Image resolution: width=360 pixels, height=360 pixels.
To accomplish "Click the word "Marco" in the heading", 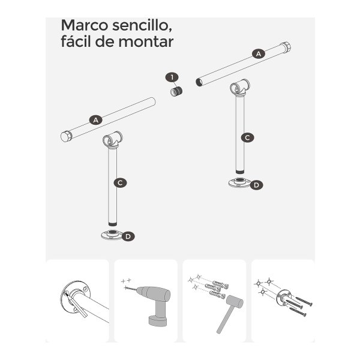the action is [84, 25].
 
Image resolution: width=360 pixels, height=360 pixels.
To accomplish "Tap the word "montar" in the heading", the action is [146, 41].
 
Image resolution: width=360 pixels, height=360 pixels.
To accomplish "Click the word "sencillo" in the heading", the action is [142, 25].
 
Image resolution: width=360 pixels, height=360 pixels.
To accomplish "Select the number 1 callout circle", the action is [172, 77].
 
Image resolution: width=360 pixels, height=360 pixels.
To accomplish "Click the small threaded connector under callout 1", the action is [176, 92].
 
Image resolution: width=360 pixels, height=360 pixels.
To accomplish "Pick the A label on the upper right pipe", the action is [259, 54].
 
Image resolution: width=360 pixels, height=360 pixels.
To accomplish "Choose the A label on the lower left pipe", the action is [96, 120].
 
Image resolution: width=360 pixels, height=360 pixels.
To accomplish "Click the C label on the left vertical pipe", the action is [120, 183].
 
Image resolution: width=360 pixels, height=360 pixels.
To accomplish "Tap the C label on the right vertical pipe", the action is [247, 138].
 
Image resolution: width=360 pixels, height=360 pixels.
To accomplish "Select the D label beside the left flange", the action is [128, 236].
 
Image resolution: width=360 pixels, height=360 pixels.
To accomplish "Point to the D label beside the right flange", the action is [256, 185].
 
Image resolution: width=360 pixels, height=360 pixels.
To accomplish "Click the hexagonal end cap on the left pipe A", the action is [67, 136].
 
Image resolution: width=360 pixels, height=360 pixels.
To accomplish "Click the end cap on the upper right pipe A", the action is [286, 48].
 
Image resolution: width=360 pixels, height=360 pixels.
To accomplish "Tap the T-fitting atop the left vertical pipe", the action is [112, 140].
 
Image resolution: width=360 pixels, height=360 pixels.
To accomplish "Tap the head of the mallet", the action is [235, 302].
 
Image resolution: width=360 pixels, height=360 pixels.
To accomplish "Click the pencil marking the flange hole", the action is [76, 305].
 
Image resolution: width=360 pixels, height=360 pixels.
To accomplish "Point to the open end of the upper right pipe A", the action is [199, 82].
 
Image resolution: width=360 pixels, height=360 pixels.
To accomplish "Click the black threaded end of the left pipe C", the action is [113, 224].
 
